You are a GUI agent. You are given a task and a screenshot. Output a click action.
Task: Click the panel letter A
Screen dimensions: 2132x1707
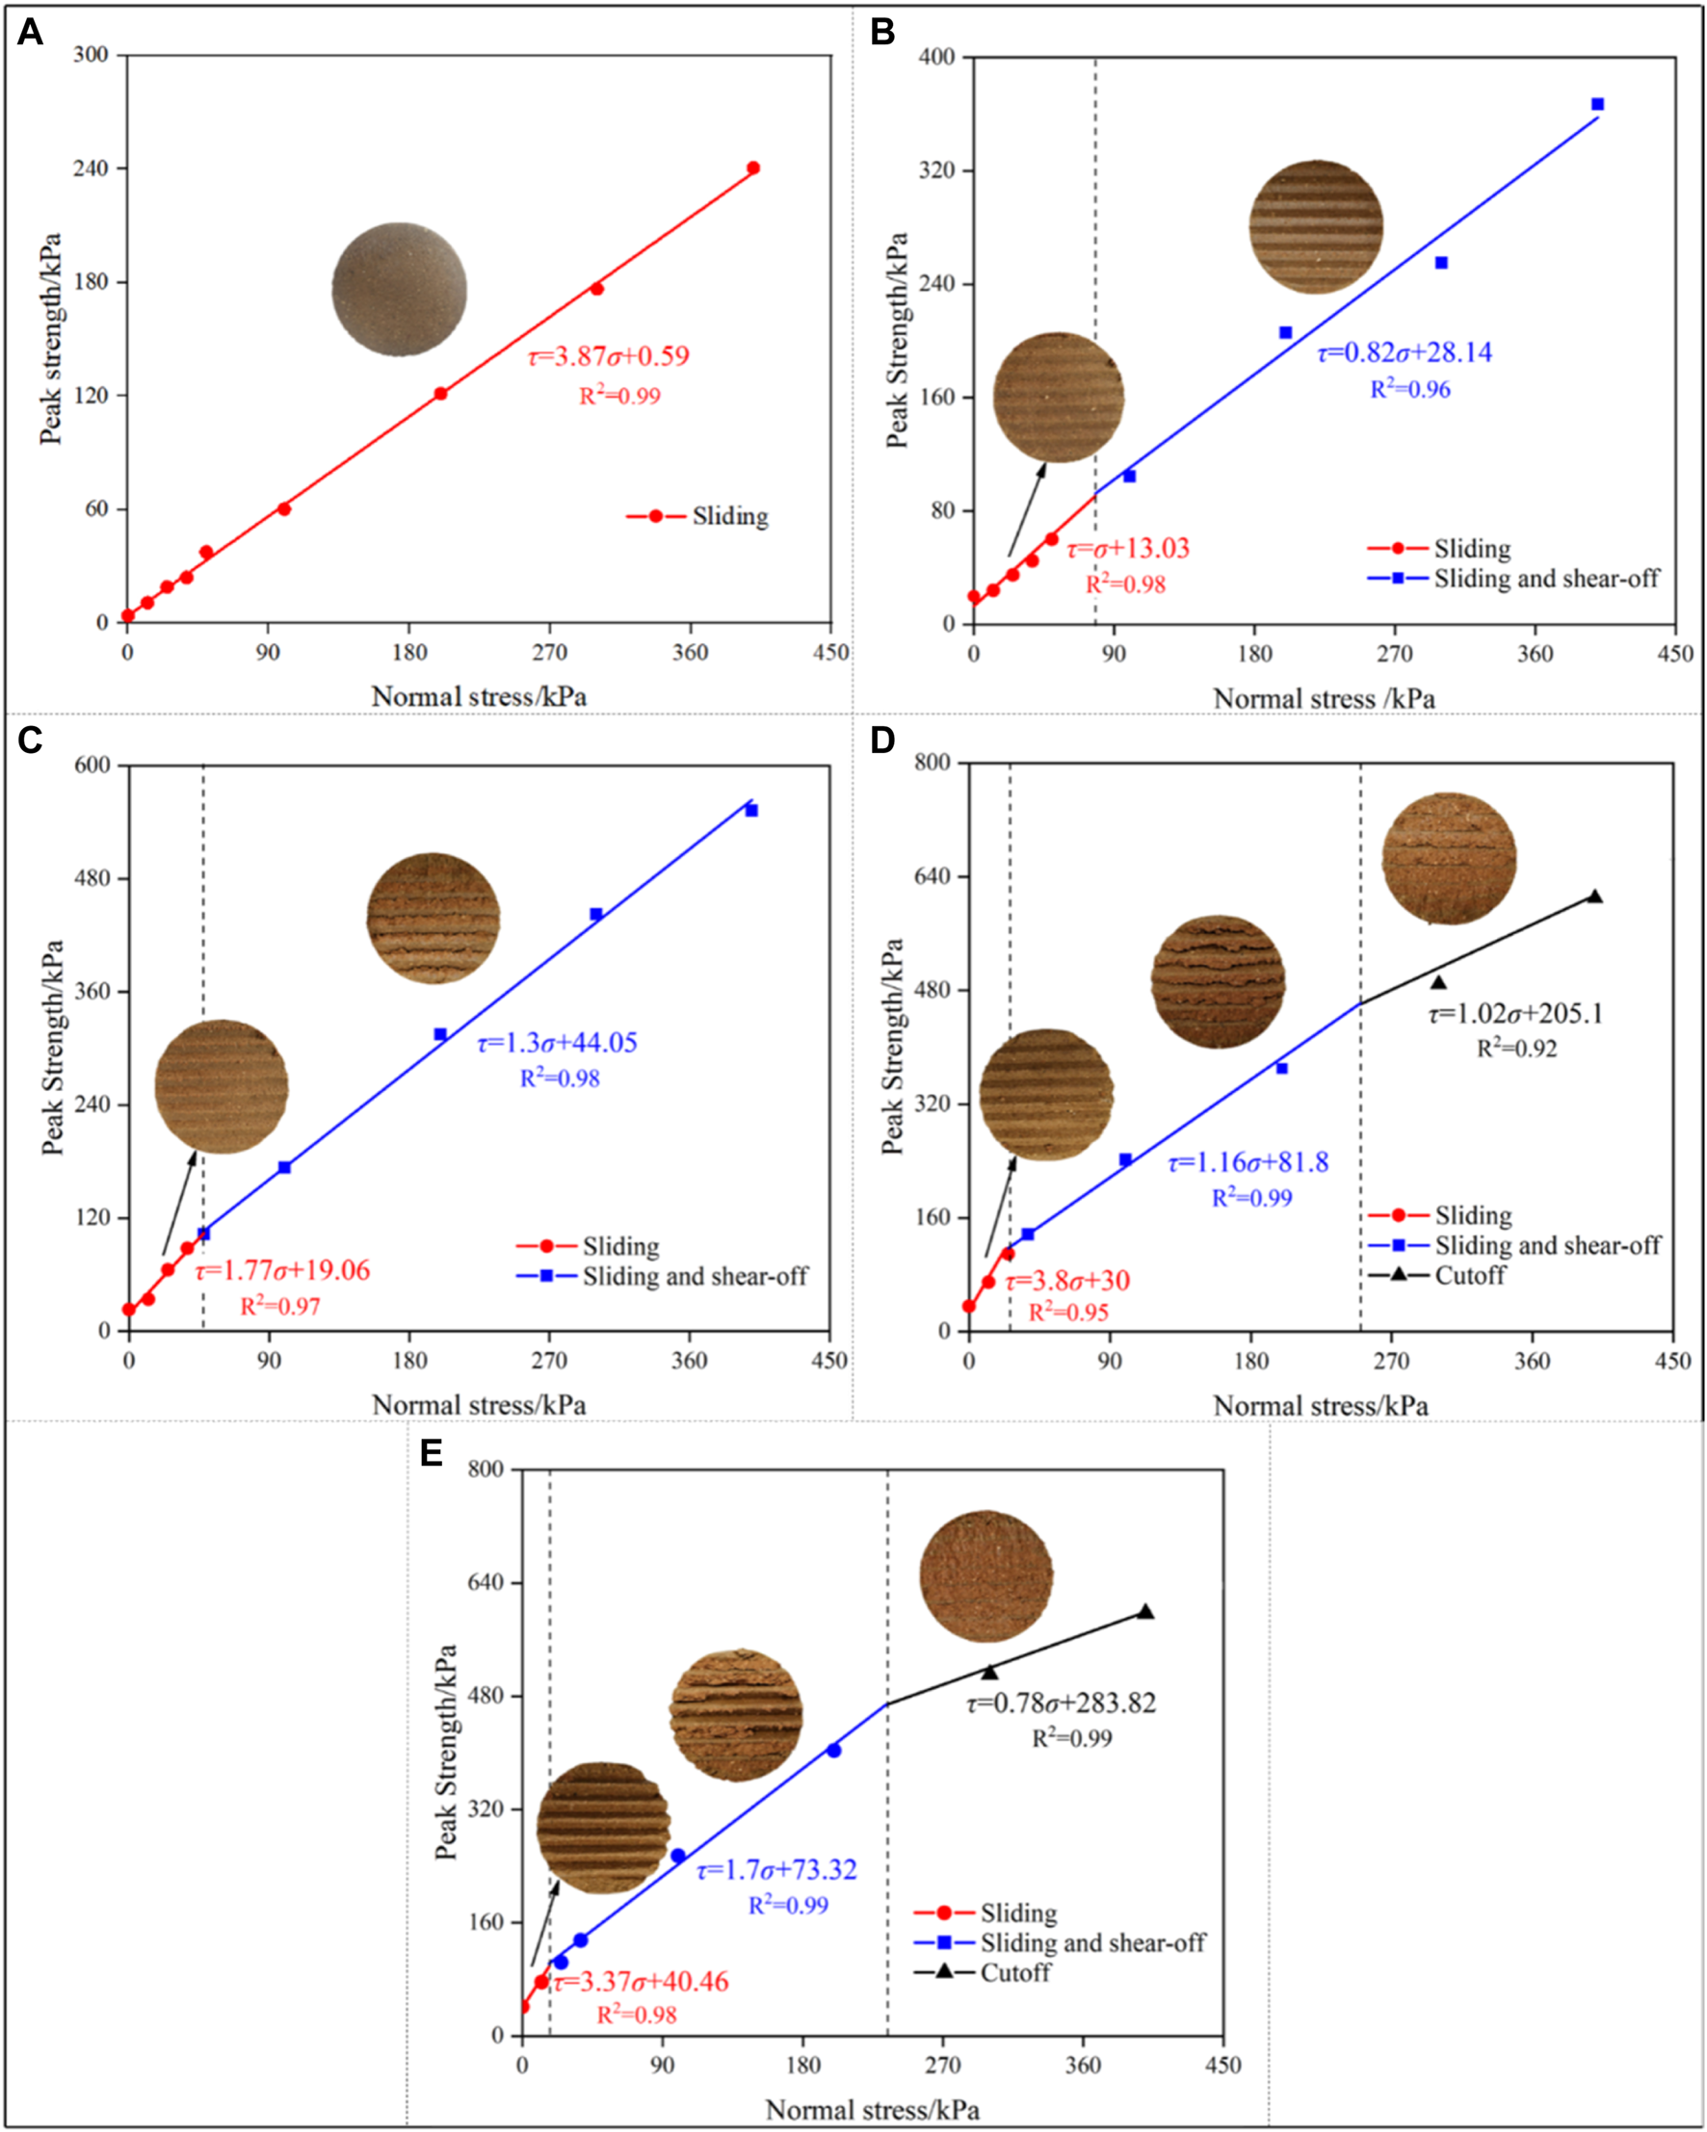point(30,34)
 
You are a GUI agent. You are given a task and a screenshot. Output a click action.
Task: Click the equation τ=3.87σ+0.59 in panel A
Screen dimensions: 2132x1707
point(608,356)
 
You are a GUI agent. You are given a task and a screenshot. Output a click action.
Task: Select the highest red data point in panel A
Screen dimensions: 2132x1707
point(752,169)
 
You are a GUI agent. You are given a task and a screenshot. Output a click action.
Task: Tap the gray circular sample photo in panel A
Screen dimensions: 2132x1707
point(399,289)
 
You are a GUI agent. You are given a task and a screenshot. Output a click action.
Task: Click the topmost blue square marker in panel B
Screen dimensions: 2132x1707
point(1597,104)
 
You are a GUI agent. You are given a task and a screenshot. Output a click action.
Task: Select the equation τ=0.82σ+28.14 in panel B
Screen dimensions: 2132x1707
point(1405,353)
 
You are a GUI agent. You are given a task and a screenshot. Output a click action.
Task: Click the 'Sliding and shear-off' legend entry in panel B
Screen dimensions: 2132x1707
point(1545,579)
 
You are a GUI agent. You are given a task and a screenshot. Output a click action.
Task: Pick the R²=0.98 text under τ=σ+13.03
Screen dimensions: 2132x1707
point(1125,585)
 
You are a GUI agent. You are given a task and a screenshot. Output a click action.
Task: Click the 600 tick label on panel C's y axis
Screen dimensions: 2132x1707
point(93,766)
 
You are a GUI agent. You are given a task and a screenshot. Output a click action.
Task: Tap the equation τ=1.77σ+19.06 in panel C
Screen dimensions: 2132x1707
point(283,1271)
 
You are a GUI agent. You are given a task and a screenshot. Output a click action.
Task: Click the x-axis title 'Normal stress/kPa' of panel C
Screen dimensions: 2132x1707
point(479,1404)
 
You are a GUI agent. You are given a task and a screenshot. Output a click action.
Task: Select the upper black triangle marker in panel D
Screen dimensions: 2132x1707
point(1594,897)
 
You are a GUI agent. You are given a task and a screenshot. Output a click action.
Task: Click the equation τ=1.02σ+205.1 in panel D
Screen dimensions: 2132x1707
point(1515,1014)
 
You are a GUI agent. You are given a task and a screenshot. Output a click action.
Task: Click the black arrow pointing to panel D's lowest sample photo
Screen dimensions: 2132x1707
point(1000,1208)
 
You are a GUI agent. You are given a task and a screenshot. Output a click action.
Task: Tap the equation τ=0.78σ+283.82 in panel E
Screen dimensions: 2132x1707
point(1062,1703)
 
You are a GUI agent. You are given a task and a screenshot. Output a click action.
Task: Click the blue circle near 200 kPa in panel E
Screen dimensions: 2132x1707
point(833,1751)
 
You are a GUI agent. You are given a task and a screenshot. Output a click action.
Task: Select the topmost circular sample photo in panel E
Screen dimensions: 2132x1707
point(986,1576)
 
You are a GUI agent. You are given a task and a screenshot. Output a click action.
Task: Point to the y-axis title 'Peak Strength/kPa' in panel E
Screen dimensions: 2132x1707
point(446,1751)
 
